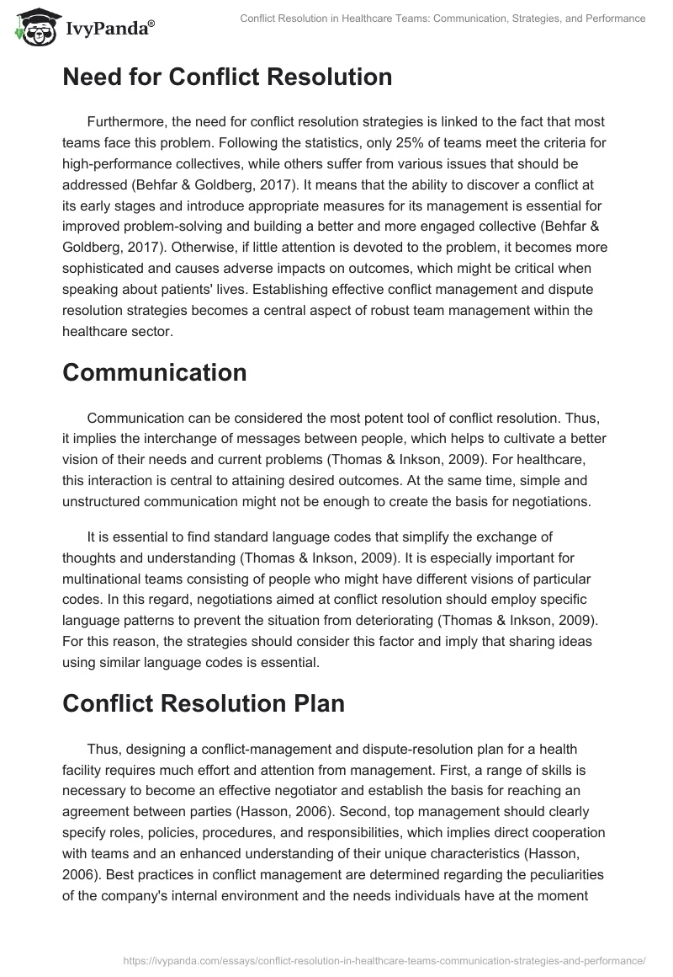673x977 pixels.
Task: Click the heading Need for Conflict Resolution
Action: (x=227, y=77)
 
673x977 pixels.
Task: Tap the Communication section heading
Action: (x=155, y=372)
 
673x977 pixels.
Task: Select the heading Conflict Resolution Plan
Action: (x=204, y=704)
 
